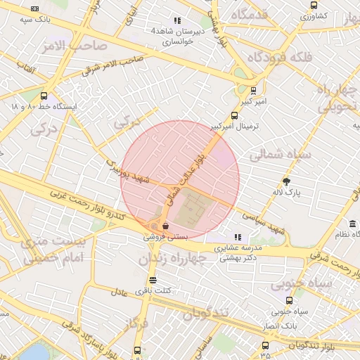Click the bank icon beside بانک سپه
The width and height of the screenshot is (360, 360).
(x=36, y=9)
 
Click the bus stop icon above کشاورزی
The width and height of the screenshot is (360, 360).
(x=314, y=4)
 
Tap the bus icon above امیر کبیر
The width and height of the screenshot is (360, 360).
(x=252, y=90)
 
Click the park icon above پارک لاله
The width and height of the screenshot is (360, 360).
(x=285, y=181)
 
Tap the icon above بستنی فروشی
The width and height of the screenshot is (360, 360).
(x=165, y=226)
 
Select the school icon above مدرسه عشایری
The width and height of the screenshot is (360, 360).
(x=238, y=237)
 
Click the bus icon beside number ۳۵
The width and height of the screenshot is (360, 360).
(x=265, y=345)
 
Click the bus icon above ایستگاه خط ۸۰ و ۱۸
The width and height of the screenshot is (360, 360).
(x=44, y=96)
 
